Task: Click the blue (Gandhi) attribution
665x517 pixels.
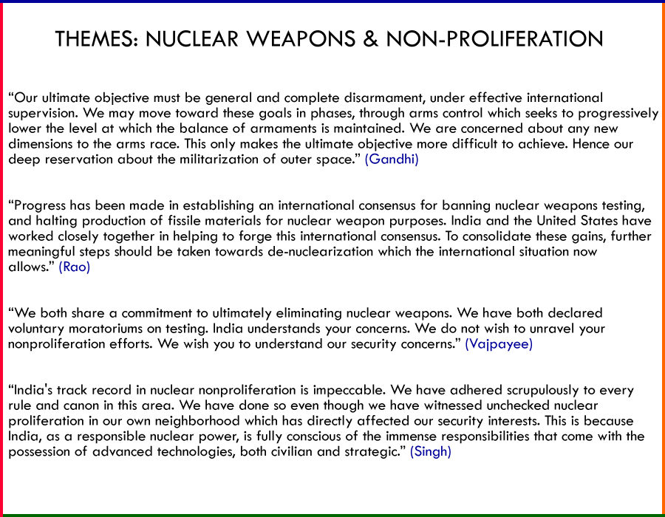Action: [x=392, y=159]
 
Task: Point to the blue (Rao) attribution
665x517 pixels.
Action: [x=75, y=267]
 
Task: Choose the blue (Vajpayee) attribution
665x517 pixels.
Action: [x=498, y=343]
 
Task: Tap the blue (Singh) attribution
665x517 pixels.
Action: [x=431, y=451]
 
